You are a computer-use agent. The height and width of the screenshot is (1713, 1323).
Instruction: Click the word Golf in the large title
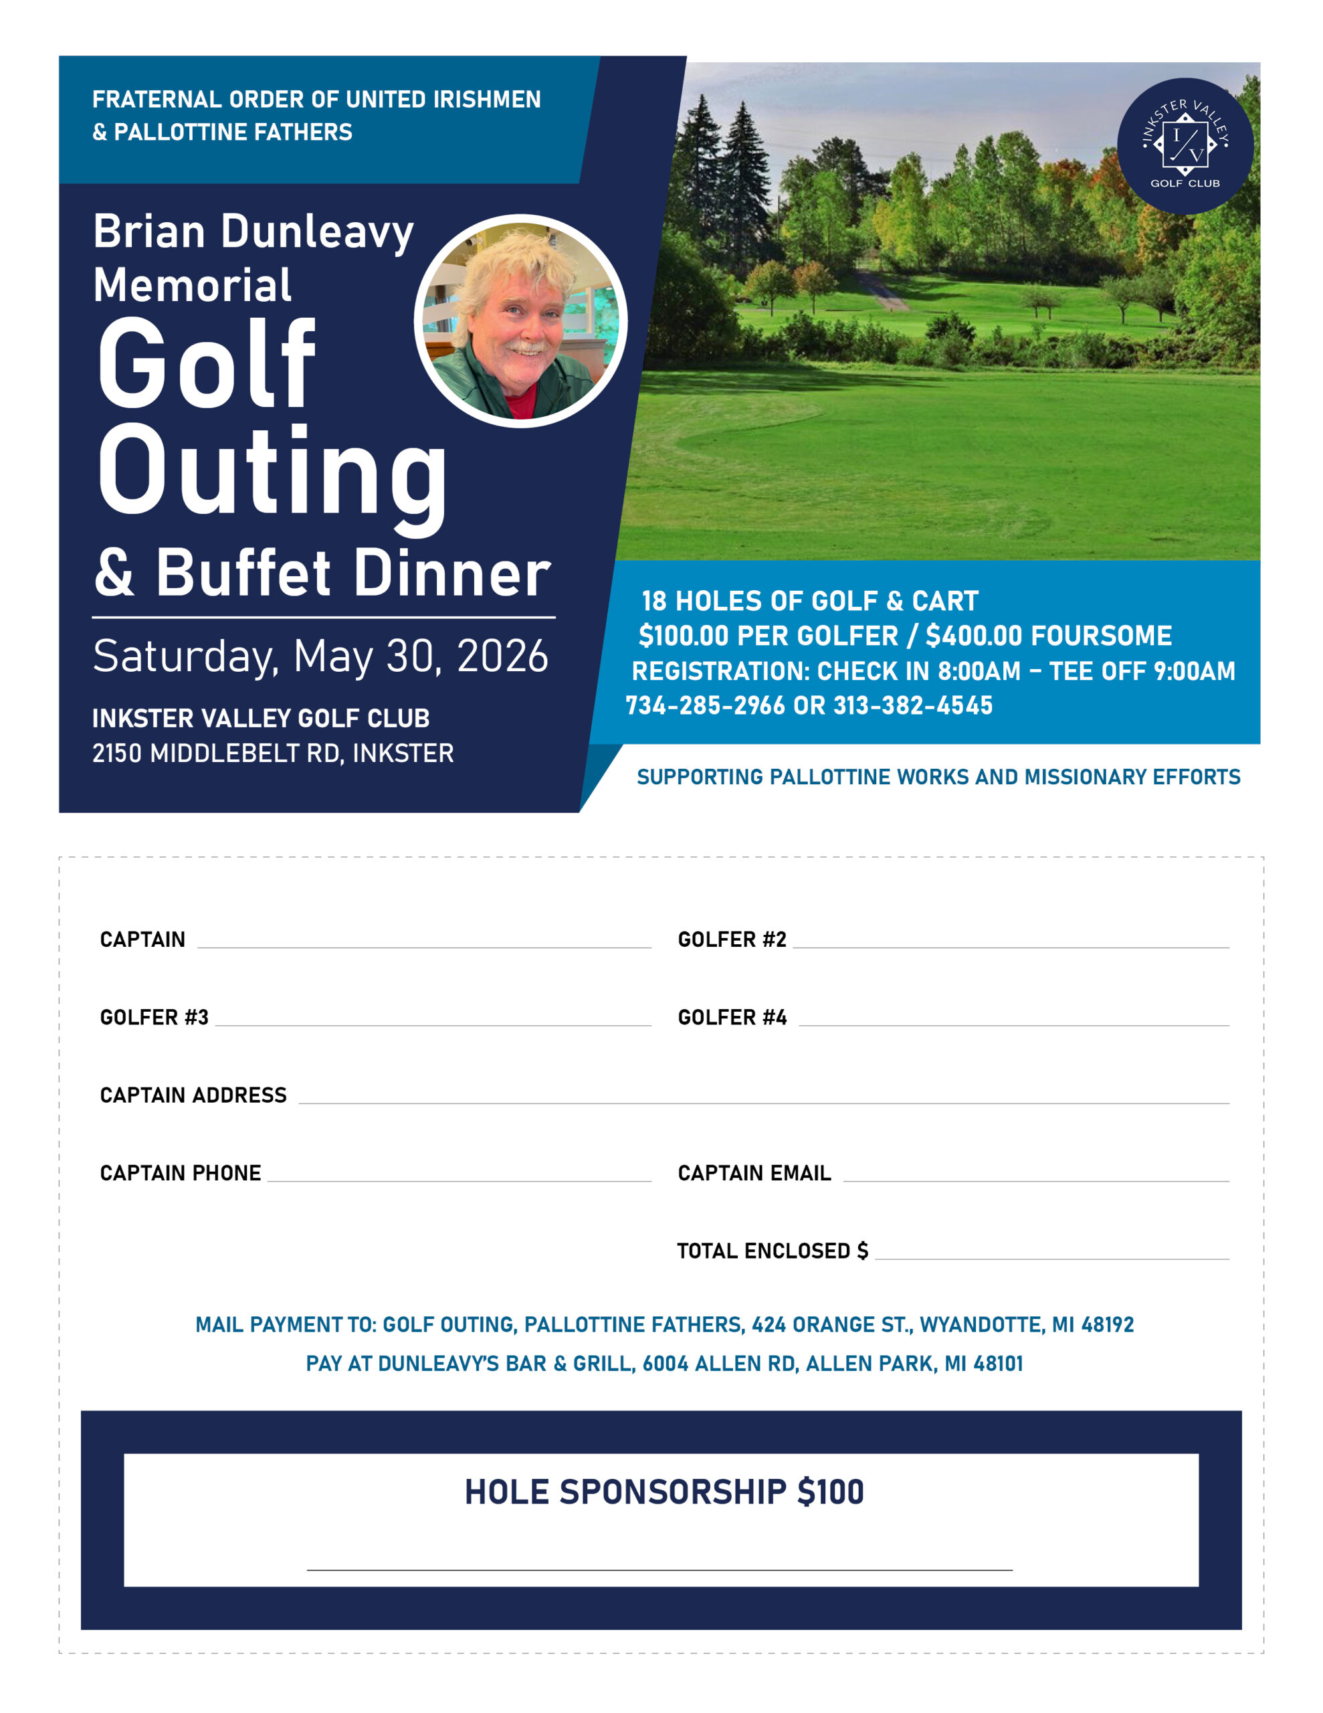pos(206,365)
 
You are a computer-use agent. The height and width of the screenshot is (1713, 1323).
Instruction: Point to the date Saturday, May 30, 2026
pos(320,656)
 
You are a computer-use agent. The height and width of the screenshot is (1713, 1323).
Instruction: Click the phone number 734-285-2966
pos(704,705)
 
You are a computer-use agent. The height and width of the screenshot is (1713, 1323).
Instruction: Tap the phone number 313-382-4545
pos(913,705)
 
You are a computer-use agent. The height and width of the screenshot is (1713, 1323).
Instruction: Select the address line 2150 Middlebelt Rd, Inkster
pos(273,753)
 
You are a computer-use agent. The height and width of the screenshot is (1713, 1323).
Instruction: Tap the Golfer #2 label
pos(732,939)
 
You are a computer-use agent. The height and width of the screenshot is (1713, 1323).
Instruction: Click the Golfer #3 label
pos(154,1017)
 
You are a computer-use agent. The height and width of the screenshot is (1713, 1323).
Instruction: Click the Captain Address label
pos(193,1095)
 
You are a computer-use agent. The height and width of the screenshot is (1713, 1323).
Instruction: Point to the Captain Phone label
pos(181,1172)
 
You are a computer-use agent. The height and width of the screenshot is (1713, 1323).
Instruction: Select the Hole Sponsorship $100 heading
pos(664,1492)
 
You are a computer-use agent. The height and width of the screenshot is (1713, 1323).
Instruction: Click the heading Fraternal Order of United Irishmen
pos(316,100)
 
